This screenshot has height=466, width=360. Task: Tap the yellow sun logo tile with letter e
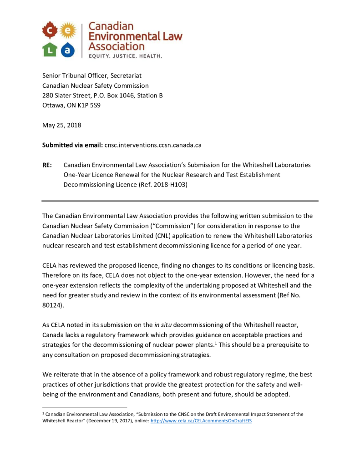click(67, 30)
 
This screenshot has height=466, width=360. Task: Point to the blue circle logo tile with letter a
click(67, 50)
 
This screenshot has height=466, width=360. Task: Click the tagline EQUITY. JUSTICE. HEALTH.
click(125, 56)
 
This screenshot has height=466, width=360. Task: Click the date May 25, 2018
click(62, 125)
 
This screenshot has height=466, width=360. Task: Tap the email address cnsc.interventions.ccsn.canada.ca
click(153, 145)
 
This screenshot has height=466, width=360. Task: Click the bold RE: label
click(47, 165)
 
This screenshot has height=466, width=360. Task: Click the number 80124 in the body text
click(52, 305)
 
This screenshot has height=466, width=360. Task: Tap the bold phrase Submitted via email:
click(72, 145)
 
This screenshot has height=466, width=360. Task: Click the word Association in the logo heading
click(116, 46)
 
